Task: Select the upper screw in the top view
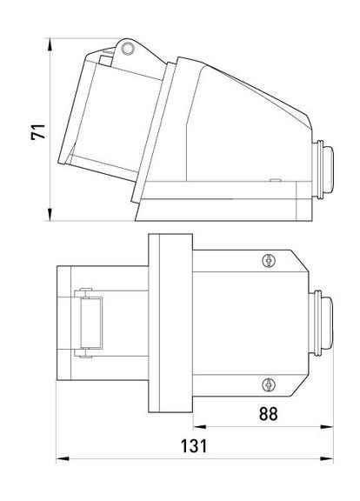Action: [268, 258]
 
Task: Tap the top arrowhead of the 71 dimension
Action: [51, 41]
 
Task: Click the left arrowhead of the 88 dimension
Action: [195, 427]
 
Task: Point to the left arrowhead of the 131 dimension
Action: [57, 458]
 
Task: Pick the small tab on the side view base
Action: [275, 181]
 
